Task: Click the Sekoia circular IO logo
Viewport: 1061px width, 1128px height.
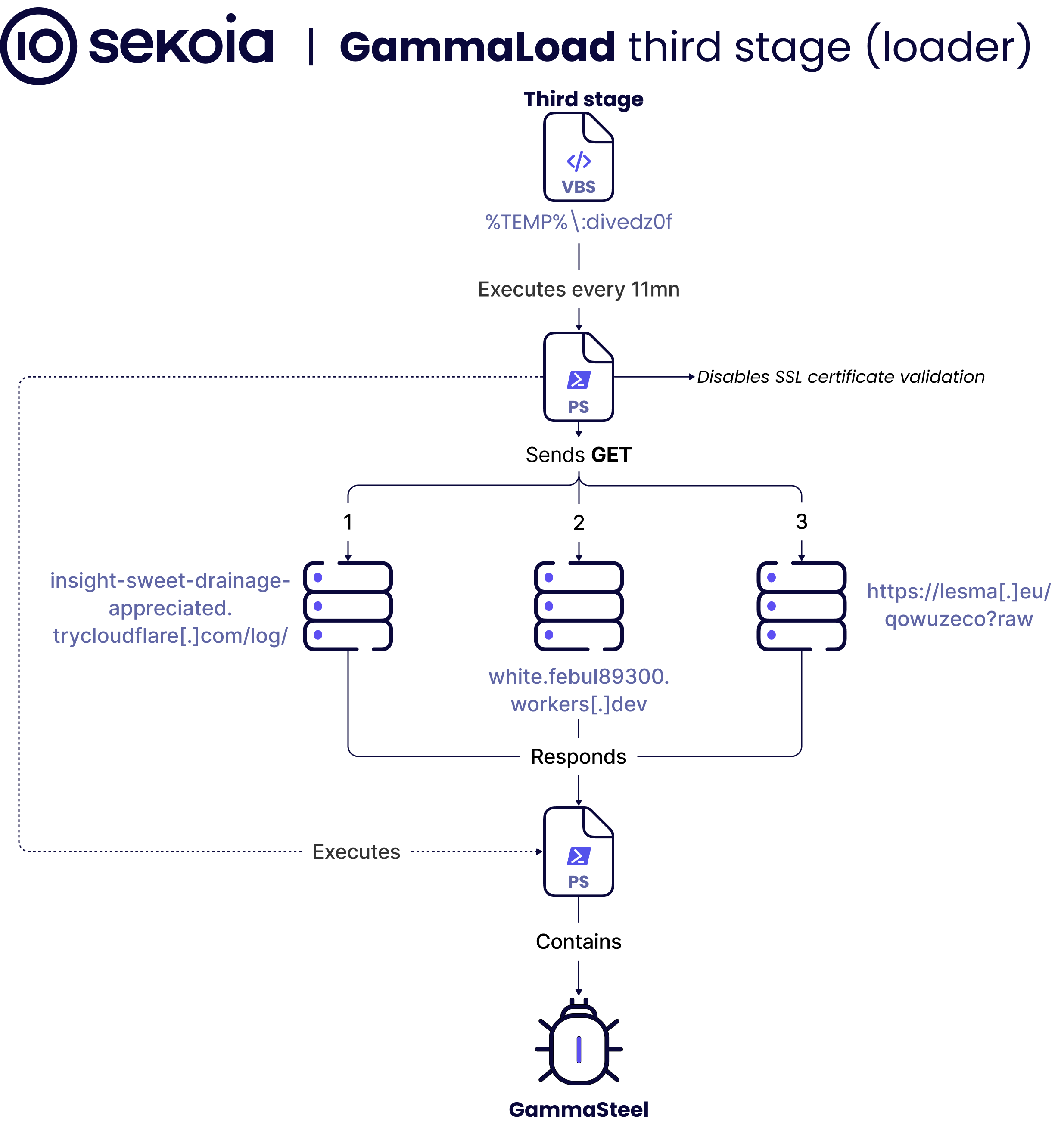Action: tap(38, 46)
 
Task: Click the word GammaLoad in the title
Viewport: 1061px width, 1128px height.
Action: tap(477, 46)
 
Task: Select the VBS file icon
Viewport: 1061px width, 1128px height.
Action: tap(579, 157)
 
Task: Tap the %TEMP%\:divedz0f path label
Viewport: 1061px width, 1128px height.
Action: tap(579, 222)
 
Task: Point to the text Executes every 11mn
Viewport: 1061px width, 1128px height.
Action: tap(579, 289)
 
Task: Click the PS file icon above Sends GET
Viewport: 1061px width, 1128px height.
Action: tap(579, 377)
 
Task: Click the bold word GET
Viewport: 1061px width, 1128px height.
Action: tap(611, 455)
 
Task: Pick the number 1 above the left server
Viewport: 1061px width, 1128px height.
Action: tap(348, 522)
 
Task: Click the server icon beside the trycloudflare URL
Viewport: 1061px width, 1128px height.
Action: tap(348, 606)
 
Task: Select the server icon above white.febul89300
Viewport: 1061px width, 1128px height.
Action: tap(579, 606)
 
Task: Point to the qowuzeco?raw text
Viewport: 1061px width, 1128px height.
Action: tap(959, 619)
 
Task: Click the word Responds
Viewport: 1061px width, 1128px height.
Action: tap(579, 757)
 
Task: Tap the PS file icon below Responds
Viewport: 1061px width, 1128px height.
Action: tap(579, 852)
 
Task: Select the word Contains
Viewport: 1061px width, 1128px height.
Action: tap(579, 942)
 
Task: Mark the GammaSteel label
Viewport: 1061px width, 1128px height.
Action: tap(579, 1109)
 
